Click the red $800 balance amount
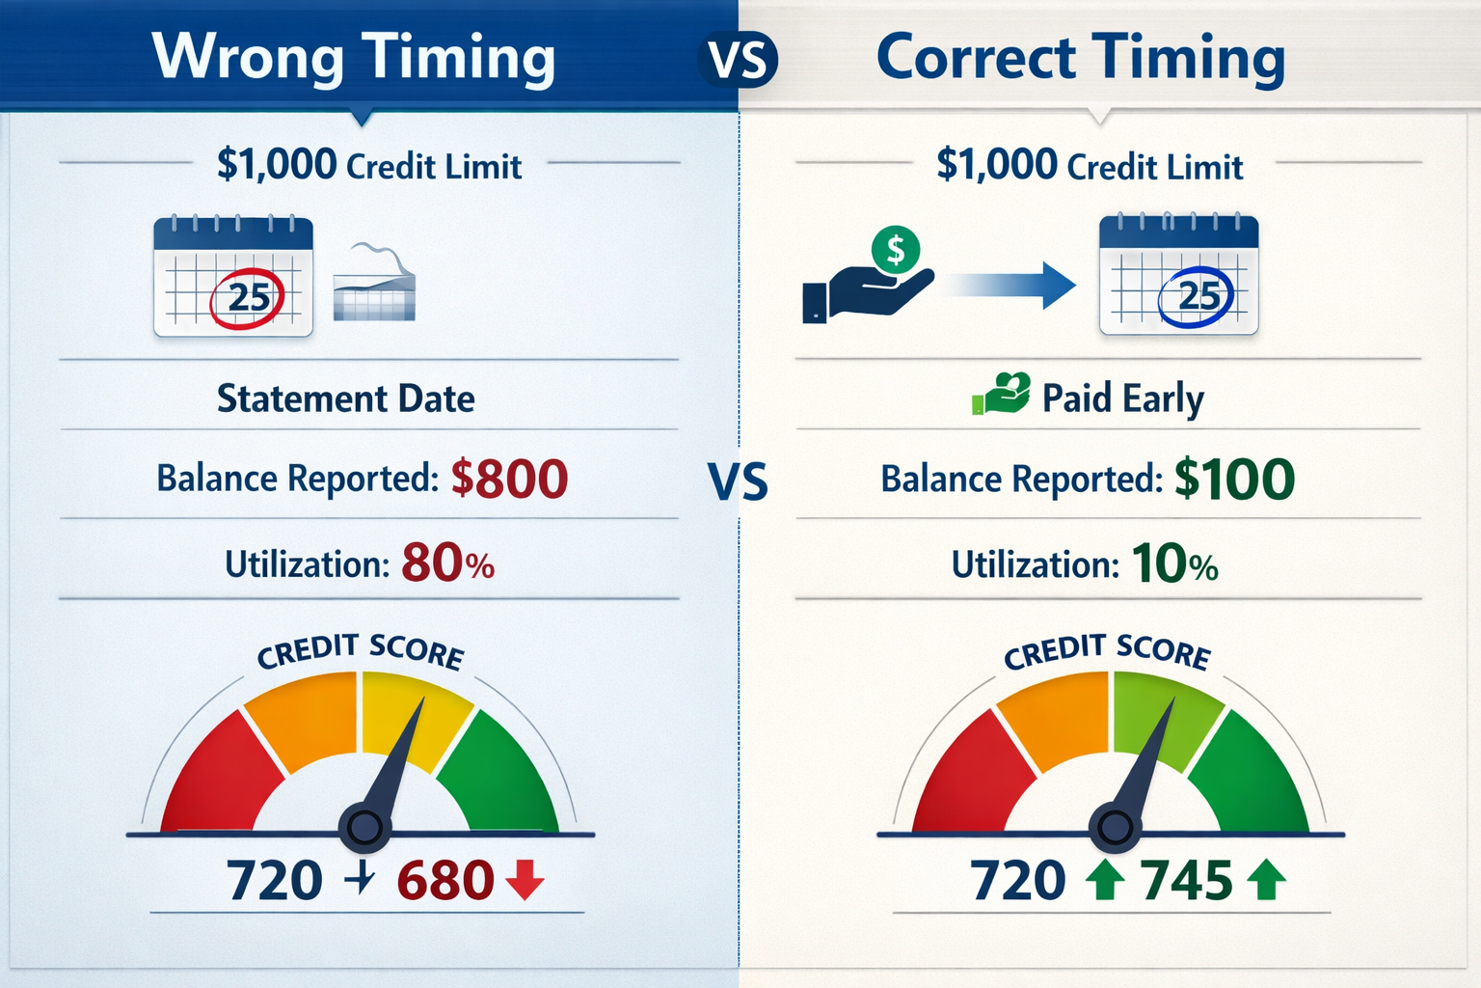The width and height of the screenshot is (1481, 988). (x=510, y=479)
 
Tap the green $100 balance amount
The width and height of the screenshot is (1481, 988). (x=1234, y=479)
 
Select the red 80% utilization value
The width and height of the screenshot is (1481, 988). (x=447, y=563)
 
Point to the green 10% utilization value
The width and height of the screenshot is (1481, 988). (x=1174, y=563)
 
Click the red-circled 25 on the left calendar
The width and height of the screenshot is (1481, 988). (x=248, y=297)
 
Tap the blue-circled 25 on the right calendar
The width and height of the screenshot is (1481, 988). (x=1198, y=295)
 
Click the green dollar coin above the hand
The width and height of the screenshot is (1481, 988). (x=896, y=250)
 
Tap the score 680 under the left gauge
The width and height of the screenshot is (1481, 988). (x=445, y=881)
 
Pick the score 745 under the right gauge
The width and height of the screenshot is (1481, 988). (x=1186, y=881)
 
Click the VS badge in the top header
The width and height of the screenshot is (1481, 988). (x=739, y=60)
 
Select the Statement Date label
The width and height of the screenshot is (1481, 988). (x=345, y=398)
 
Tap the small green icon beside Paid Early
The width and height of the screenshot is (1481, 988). (x=1001, y=395)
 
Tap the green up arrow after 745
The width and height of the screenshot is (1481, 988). (x=1266, y=880)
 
